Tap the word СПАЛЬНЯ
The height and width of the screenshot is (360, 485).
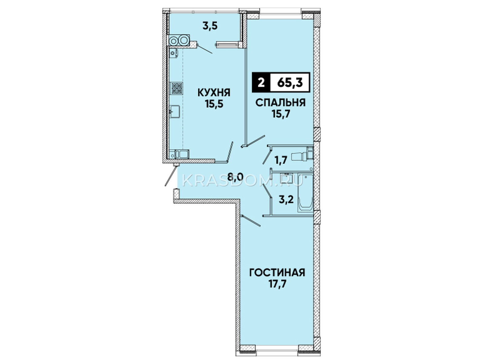(x=281, y=102)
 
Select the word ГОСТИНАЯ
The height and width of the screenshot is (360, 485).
(x=277, y=273)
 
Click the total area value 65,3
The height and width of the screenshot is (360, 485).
(x=290, y=83)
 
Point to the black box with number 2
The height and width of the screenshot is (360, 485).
(x=261, y=83)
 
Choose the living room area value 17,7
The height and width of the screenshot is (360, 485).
(x=277, y=285)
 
